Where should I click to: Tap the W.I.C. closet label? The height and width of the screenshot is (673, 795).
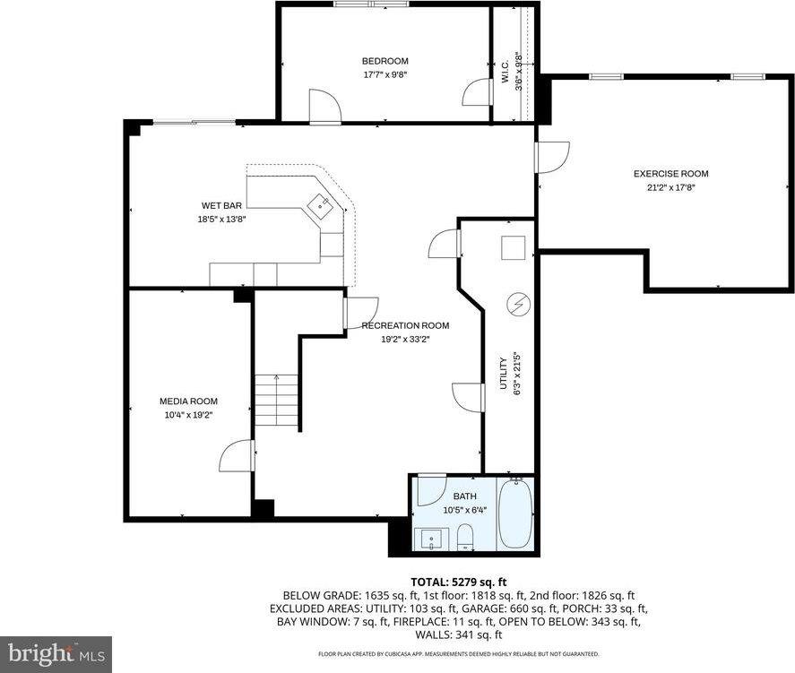click(x=506, y=73)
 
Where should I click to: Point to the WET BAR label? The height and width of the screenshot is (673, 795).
click(x=221, y=205)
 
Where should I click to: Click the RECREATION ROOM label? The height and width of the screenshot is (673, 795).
click(x=405, y=325)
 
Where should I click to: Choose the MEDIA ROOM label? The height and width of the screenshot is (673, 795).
click(x=188, y=401)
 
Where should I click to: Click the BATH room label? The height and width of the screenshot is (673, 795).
click(x=464, y=496)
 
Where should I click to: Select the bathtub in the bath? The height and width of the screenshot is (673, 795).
click(x=515, y=515)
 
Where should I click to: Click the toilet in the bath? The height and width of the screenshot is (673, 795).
click(x=465, y=538)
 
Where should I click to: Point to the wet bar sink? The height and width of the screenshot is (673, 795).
click(x=320, y=207)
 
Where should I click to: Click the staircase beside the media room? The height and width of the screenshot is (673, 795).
click(x=276, y=401)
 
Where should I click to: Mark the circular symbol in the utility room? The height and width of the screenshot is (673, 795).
click(x=517, y=304)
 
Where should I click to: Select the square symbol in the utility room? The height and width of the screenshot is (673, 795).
click(x=514, y=246)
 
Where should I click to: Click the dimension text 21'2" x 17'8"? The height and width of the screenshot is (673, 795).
click(x=670, y=187)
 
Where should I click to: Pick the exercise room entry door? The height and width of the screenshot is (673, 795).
click(x=549, y=156)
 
